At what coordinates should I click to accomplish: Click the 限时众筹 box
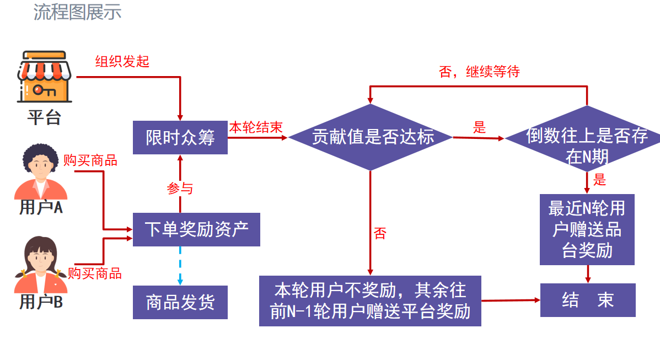pos(180,137)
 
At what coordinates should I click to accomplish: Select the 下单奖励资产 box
pos(196,229)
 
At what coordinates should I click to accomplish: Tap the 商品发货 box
pos(180,302)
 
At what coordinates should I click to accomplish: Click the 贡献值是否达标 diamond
pos(370,137)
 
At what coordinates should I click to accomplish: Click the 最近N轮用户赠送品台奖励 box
pos(587,229)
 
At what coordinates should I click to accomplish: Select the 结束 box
pos(587,300)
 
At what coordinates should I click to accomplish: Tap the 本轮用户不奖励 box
pos(370,301)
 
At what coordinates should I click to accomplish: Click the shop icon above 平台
pos(44,77)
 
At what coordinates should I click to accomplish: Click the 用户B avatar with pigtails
pos(40,265)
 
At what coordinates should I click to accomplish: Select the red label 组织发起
pos(122,61)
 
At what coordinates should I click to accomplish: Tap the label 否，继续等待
pos(479,72)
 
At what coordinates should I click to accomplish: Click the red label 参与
pos(180,189)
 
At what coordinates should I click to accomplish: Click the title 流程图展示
pos(77,12)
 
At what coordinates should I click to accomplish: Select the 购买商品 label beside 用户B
pos(94,273)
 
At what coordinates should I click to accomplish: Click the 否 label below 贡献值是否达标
pos(380,233)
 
